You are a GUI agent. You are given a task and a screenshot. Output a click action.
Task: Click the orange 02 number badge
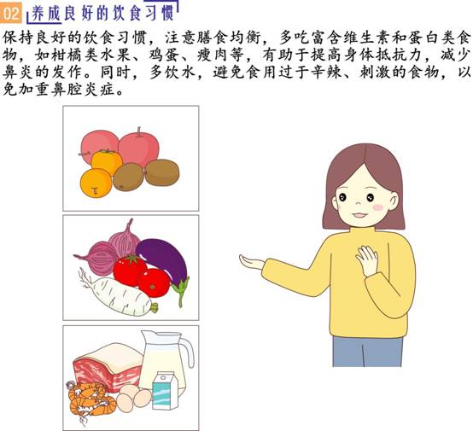(11, 13)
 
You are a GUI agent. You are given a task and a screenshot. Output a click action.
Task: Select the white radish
(120, 295)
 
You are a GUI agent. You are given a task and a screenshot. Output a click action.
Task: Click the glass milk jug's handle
(188, 352)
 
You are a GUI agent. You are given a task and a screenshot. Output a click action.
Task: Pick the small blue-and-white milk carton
(165, 391)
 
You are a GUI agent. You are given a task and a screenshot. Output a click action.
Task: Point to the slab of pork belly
(107, 366)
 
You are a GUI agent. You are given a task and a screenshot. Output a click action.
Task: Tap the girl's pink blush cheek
(378, 207)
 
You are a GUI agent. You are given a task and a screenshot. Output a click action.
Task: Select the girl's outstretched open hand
(251, 262)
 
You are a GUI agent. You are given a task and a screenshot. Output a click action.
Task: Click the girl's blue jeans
(367, 352)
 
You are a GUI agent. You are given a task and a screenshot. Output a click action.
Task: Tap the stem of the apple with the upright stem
(139, 131)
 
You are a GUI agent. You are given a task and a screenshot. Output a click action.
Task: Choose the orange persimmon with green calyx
(107, 161)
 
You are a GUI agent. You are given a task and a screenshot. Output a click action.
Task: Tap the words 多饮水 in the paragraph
(172, 73)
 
